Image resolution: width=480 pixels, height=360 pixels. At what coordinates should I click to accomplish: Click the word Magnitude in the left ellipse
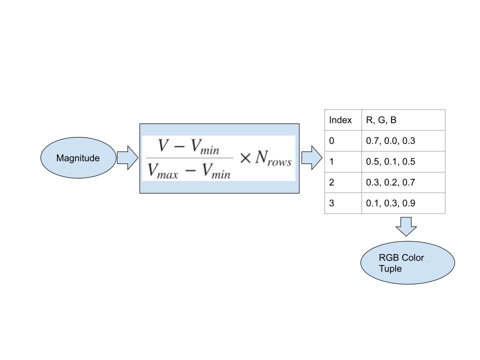tap(78, 158)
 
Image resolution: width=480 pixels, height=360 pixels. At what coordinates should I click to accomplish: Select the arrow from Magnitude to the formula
tap(127, 158)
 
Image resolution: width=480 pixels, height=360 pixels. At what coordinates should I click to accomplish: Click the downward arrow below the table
tap(406, 226)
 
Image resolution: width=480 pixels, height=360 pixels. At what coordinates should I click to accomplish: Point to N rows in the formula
tap(273, 158)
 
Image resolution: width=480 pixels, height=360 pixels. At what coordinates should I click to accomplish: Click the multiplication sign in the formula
tap(244, 158)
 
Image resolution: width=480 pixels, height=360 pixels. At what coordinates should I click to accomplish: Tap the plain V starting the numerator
tap(163, 145)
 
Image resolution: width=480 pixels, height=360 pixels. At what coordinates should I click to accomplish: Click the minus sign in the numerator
tap(179, 146)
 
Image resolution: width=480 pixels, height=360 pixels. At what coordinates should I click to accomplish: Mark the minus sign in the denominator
tap(191, 171)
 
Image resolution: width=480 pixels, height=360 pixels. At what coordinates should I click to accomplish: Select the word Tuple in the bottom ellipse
tap(390, 268)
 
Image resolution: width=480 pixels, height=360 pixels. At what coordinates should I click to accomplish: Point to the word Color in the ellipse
tap(412, 257)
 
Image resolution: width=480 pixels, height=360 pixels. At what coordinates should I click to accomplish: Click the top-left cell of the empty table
tap(343, 120)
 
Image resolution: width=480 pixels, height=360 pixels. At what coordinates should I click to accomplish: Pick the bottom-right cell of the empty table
tap(403, 203)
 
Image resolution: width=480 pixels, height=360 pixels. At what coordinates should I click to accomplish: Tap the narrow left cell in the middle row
tap(343, 161)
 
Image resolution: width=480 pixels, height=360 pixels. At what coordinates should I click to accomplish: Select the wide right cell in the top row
tap(403, 120)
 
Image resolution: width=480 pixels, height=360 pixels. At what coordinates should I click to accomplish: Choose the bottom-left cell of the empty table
tap(343, 203)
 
